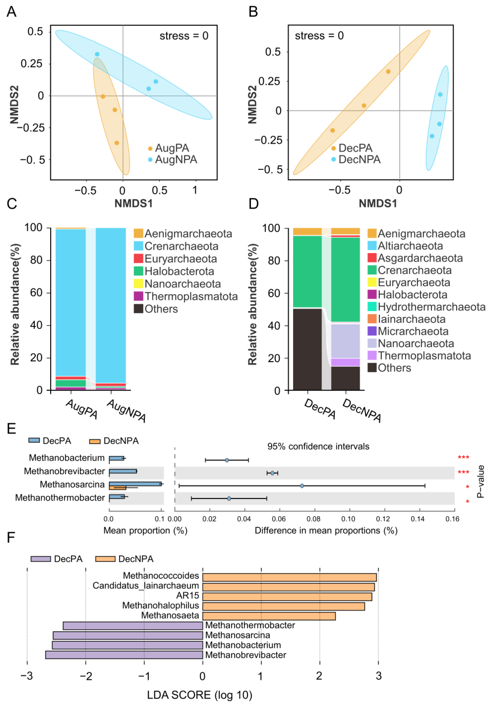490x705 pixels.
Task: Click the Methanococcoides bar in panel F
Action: pos(289,577)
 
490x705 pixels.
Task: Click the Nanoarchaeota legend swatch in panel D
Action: pos(372,343)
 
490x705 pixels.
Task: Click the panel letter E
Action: pos(11,428)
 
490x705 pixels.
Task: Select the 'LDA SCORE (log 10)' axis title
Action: pos(200,695)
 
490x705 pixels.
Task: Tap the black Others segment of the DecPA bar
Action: pos(307,349)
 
